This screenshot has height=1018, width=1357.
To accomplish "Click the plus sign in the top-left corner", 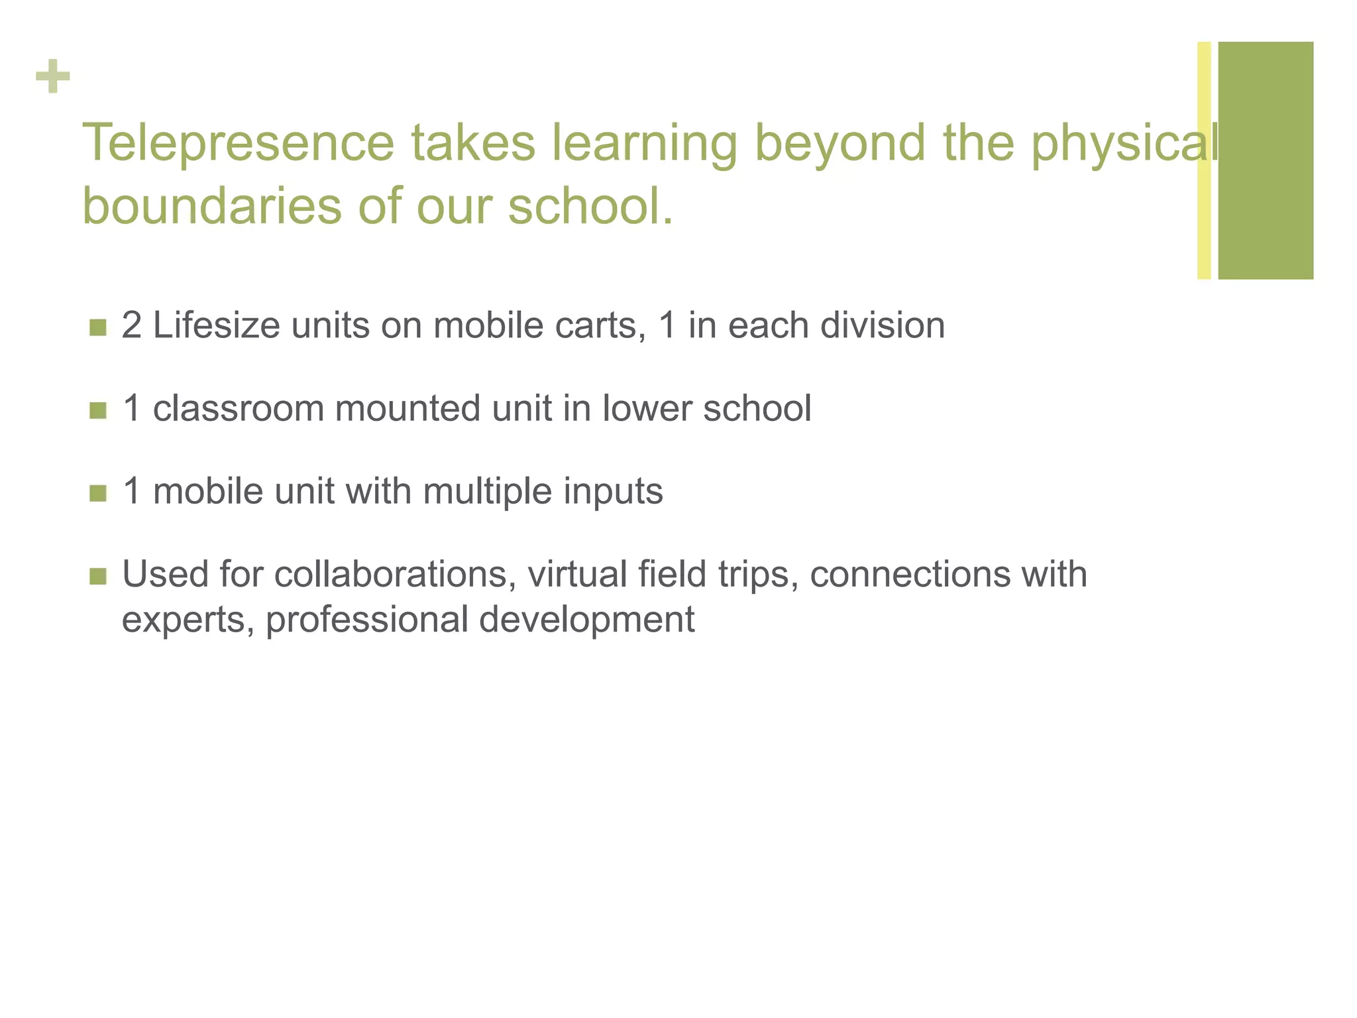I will point(53,76).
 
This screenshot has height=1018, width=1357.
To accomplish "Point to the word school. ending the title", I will point(590,205).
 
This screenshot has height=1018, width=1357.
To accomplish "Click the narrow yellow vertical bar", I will point(1204,160).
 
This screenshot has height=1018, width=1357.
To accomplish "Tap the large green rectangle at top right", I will point(1266,160).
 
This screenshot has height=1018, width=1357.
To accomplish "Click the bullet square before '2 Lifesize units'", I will point(98,327).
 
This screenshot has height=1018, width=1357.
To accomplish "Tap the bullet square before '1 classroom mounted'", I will point(98,410).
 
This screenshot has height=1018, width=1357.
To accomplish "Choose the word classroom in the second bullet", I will point(238,408).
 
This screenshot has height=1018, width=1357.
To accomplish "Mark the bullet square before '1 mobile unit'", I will point(98,493).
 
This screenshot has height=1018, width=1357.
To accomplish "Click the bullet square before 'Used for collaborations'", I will point(98,576).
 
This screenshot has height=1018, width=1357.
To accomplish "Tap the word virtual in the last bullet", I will point(577,574).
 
